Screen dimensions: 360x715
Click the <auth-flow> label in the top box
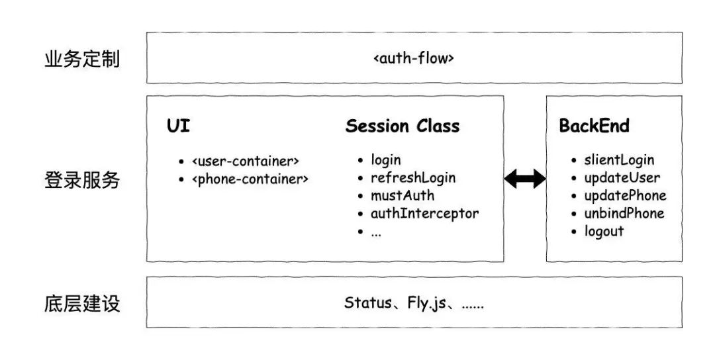click(414, 58)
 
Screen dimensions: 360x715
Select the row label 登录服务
click(82, 179)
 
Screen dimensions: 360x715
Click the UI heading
click(178, 126)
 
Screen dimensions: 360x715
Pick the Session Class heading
click(402, 126)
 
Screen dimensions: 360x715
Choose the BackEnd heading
click(594, 126)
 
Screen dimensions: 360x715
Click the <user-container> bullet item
click(246, 161)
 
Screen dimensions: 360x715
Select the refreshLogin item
click(412, 178)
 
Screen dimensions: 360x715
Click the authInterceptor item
click(424, 214)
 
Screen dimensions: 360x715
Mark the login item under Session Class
click(386, 160)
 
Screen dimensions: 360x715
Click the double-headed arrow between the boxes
click(524, 179)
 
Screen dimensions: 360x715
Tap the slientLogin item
click(619, 160)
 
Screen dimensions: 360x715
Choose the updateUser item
click(622, 178)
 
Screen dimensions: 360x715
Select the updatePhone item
click(625, 196)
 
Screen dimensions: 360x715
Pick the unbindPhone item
click(624, 214)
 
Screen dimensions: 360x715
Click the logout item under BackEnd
click(604, 232)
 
